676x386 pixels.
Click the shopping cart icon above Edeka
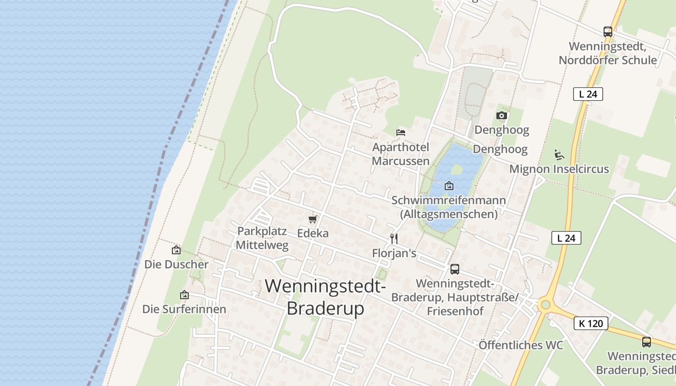click(313, 220)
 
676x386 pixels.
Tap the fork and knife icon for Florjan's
click(394, 238)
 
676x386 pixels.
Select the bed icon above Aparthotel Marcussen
click(400, 132)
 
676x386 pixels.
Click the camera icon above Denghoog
click(502, 116)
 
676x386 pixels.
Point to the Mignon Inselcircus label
click(559, 169)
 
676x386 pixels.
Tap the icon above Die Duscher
click(176, 250)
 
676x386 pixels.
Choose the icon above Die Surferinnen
click(184, 295)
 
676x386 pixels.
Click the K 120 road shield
click(591, 323)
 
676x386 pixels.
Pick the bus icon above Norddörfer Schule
click(608, 32)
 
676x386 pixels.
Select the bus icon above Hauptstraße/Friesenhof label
click(454, 269)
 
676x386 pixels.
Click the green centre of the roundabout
click(546, 304)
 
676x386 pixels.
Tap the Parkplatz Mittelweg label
click(262, 238)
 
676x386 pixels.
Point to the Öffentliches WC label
click(521, 345)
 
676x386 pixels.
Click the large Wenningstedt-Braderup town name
click(325, 296)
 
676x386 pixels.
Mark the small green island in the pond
click(456, 169)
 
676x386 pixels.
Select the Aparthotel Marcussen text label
click(401, 154)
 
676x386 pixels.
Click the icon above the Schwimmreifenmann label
click(449, 186)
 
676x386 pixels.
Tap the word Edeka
click(313, 234)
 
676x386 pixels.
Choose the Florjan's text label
click(394, 253)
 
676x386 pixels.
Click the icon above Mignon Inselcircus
click(559, 154)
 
